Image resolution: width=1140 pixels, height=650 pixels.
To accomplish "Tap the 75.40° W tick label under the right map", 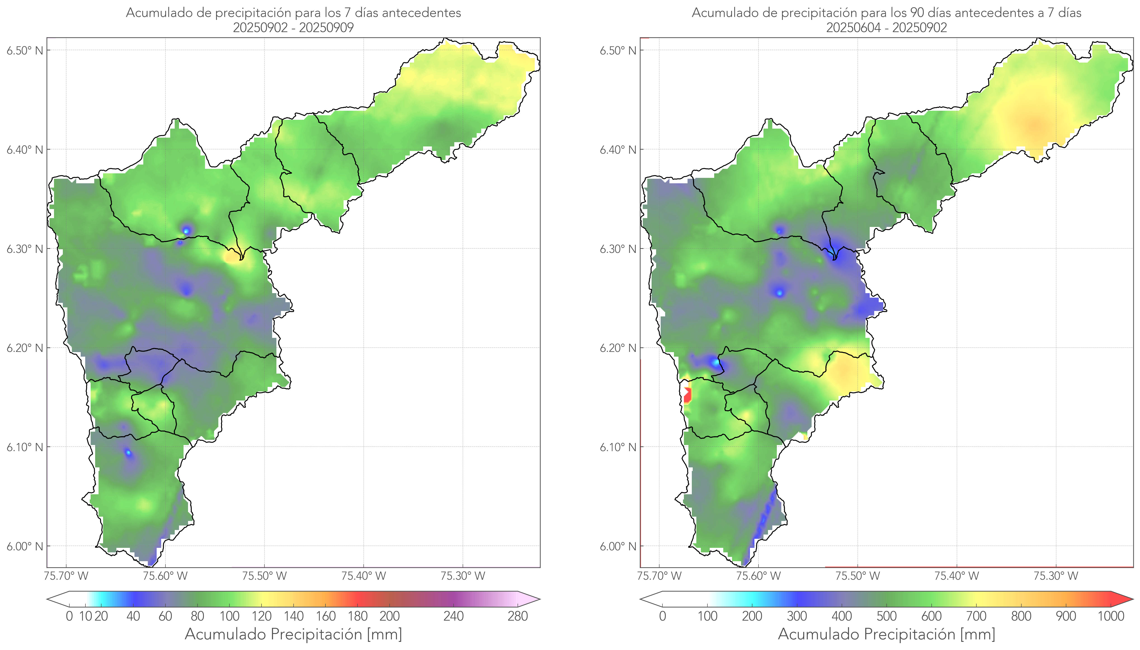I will pyautogui.click(x=956, y=576).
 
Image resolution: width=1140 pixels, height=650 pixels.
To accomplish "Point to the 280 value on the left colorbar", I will pyautogui.click(x=518, y=617).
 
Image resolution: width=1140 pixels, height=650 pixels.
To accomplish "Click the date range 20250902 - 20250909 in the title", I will pyautogui.click(x=293, y=28).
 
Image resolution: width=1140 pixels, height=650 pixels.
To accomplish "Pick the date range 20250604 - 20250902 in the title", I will pyautogui.click(x=886, y=28).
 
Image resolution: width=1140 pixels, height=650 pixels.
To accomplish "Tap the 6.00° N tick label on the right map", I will pyautogui.click(x=618, y=546).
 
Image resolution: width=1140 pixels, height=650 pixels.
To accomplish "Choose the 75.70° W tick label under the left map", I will pyautogui.click(x=66, y=576).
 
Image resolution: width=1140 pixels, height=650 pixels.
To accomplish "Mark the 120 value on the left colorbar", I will pyautogui.click(x=261, y=617).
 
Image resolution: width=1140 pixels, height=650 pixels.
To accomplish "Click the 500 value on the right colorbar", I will pyautogui.click(x=886, y=617).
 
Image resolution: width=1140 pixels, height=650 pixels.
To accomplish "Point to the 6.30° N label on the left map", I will pyautogui.click(x=25, y=249).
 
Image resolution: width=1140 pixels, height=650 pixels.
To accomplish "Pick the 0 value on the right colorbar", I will pyautogui.click(x=662, y=617).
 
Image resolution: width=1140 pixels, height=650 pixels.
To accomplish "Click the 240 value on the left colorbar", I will pyautogui.click(x=454, y=617).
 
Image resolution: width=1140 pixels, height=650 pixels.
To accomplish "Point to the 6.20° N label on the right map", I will pyautogui.click(x=618, y=348).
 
